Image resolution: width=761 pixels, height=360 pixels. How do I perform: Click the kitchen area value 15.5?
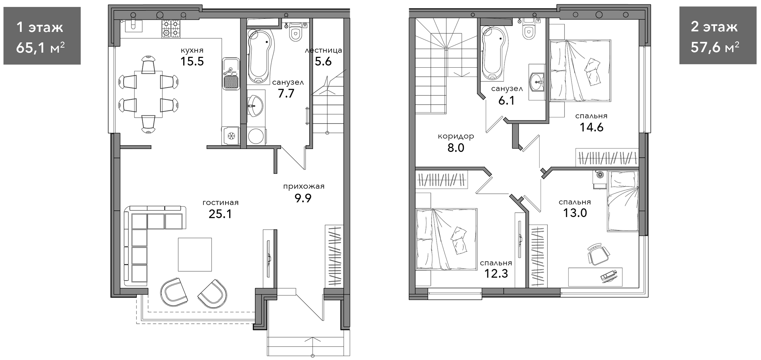coord(192,62)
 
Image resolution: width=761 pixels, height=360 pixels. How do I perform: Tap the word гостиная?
coord(220,203)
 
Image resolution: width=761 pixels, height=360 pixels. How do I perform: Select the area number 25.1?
coord(220,214)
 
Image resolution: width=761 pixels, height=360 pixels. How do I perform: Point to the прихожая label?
coord(304,187)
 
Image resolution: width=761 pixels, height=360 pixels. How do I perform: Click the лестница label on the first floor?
coord(323,50)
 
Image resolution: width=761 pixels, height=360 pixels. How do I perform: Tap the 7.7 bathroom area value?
coord(286,94)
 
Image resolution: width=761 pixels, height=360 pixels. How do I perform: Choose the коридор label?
coord(456,136)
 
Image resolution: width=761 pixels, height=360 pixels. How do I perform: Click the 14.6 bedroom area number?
coord(592,127)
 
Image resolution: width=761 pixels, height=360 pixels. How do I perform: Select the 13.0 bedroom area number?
coord(575,213)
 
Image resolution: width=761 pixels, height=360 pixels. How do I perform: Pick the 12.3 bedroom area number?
coord(496,274)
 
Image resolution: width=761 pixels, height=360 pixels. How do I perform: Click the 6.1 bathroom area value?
coord(506,101)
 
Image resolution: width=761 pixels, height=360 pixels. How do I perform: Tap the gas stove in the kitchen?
coord(171,28)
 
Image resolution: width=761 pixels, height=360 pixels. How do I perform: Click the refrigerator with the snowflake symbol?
coord(231,136)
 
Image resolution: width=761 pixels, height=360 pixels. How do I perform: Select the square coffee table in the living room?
coord(195,254)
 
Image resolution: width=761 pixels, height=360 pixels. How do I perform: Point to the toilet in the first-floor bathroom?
coord(296,31)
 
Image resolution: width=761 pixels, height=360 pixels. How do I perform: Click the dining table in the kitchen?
coord(148,94)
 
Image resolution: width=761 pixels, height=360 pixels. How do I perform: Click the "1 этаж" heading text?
coord(40,27)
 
